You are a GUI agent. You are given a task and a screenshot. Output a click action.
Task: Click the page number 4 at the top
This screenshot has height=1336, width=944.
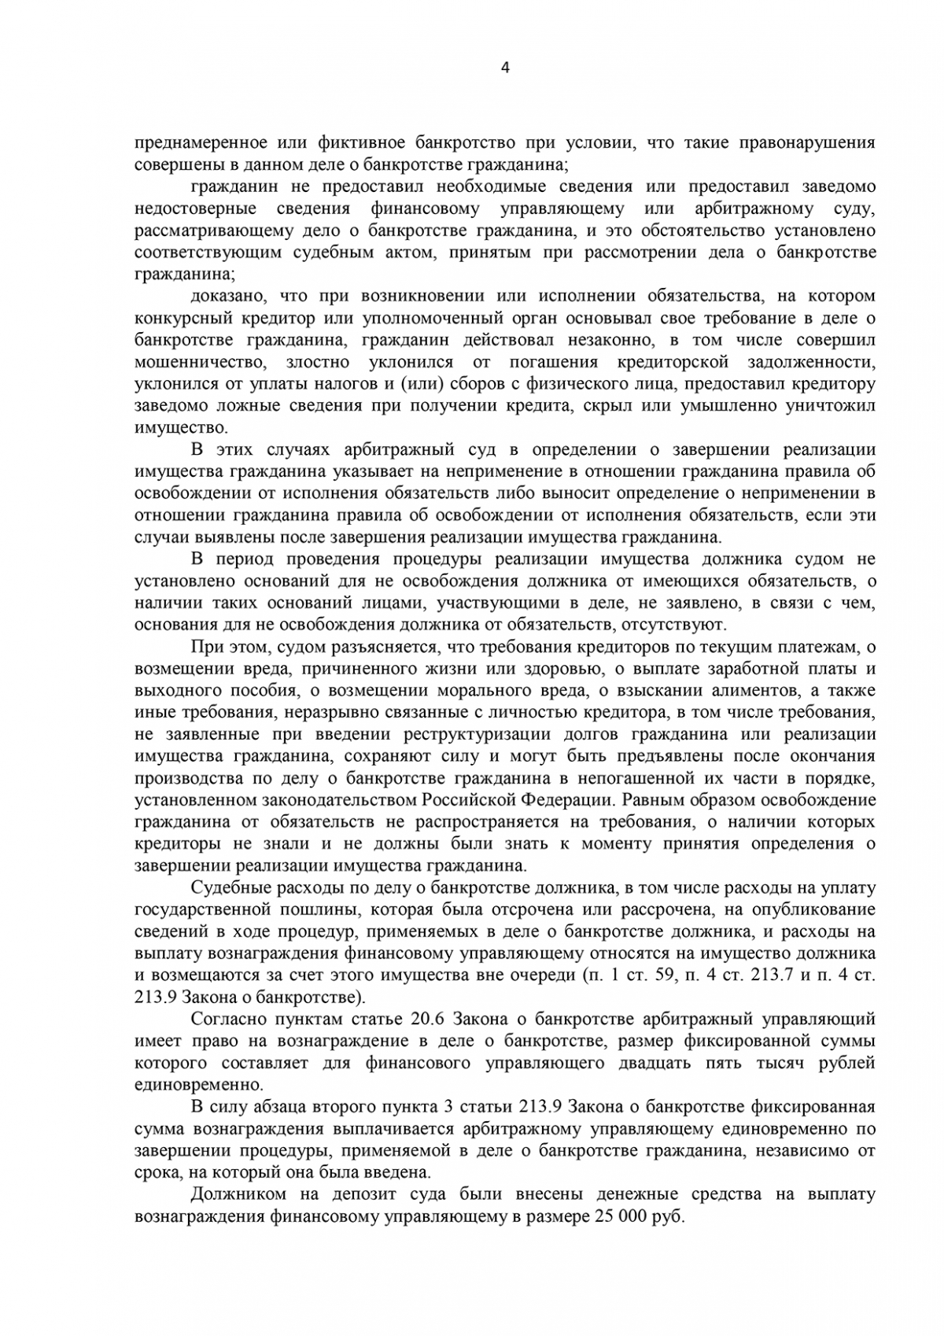[x=504, y=68]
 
